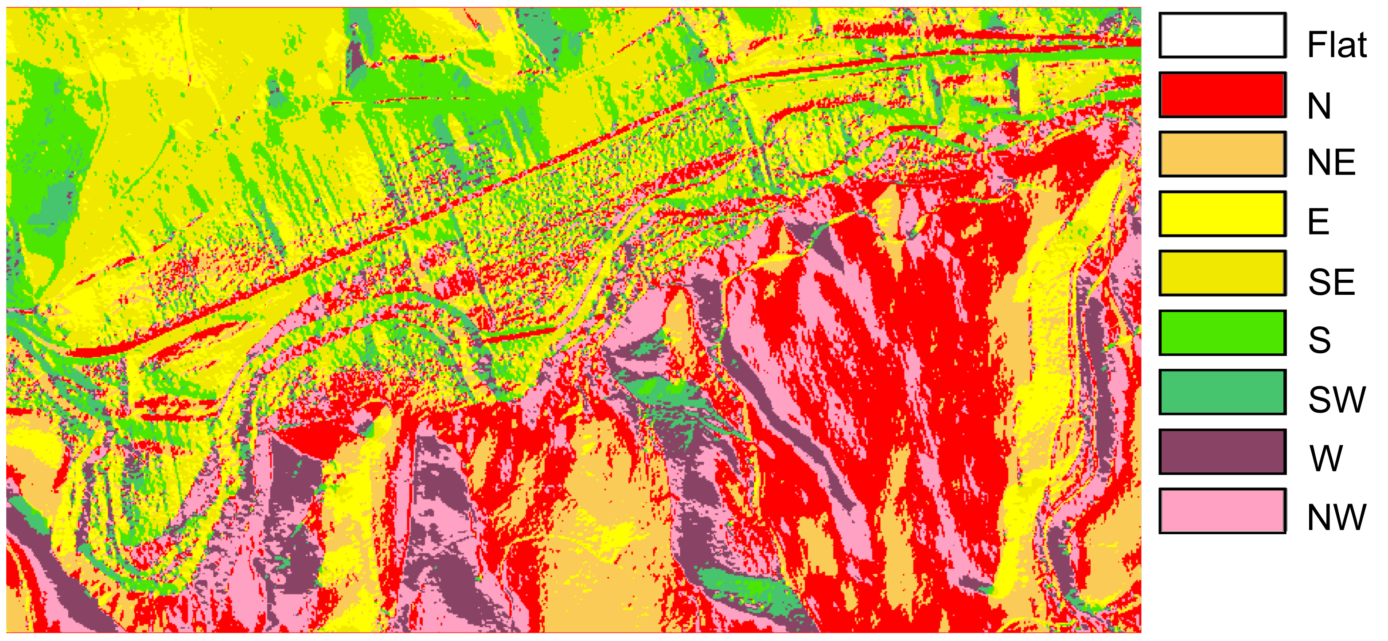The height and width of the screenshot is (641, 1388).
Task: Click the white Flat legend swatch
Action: (x=1222, y=35)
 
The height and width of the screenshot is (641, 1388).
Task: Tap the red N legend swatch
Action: (x=1222, y=95)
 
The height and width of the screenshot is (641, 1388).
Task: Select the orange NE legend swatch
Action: (x=1222, y=154)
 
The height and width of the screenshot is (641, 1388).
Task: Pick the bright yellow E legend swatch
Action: (x=1222, y=214)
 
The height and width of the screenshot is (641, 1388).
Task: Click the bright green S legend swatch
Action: (x=1222, y=332)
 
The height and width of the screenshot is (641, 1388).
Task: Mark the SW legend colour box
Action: (x=1222, y=392)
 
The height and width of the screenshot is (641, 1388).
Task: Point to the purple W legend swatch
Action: (x=1222, y=452)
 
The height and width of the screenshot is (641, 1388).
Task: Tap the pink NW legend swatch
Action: (x=1222, y=511)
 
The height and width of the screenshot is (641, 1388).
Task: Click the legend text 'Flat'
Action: (x=1337, y=45)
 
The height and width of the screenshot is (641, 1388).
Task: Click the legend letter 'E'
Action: (x=1318, y=221)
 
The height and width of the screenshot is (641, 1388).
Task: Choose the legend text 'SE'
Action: (x=1331, y=281)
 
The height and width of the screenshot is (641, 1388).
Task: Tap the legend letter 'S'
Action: (x=1319, y=340)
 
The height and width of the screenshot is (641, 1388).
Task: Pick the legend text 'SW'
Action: (x=1337, y=400)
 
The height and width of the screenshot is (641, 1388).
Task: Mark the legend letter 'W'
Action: (x=1326, y=459)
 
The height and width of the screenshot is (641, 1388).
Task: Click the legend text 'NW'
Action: (x=1337, y=518)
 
